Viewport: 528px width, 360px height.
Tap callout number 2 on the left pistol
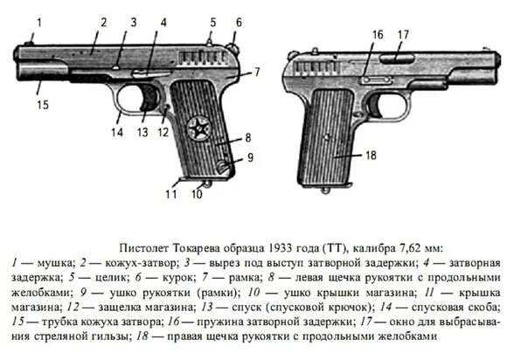[x=102, y=22]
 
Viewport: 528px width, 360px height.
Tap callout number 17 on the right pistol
[x=403, y=34]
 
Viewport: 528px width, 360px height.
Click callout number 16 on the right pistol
[x=377, y=34]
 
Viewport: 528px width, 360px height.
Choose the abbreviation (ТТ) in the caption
[x=339, y=246]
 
